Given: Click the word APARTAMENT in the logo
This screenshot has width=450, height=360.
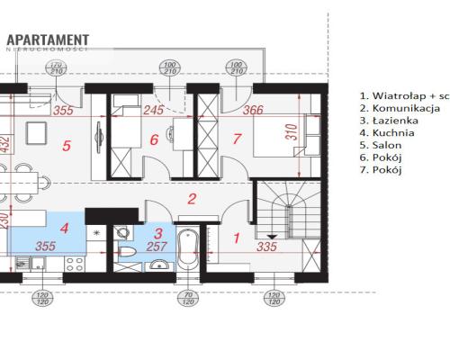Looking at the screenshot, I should [x=48, y=39].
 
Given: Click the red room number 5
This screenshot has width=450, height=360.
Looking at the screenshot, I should [x=66, y=144].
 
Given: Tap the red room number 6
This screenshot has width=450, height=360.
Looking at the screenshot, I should [x=154, y=139].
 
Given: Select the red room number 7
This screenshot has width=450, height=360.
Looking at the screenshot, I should [x=236, y=139].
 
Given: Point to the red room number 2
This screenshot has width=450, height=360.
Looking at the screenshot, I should [x=191, y=200].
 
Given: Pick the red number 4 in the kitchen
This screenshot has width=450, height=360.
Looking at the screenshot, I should [x=64, y=229].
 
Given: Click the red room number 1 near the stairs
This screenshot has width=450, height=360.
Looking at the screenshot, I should [x=237, y=238].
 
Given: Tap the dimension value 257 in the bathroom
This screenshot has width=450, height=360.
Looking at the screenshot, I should [x=157, y=246].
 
